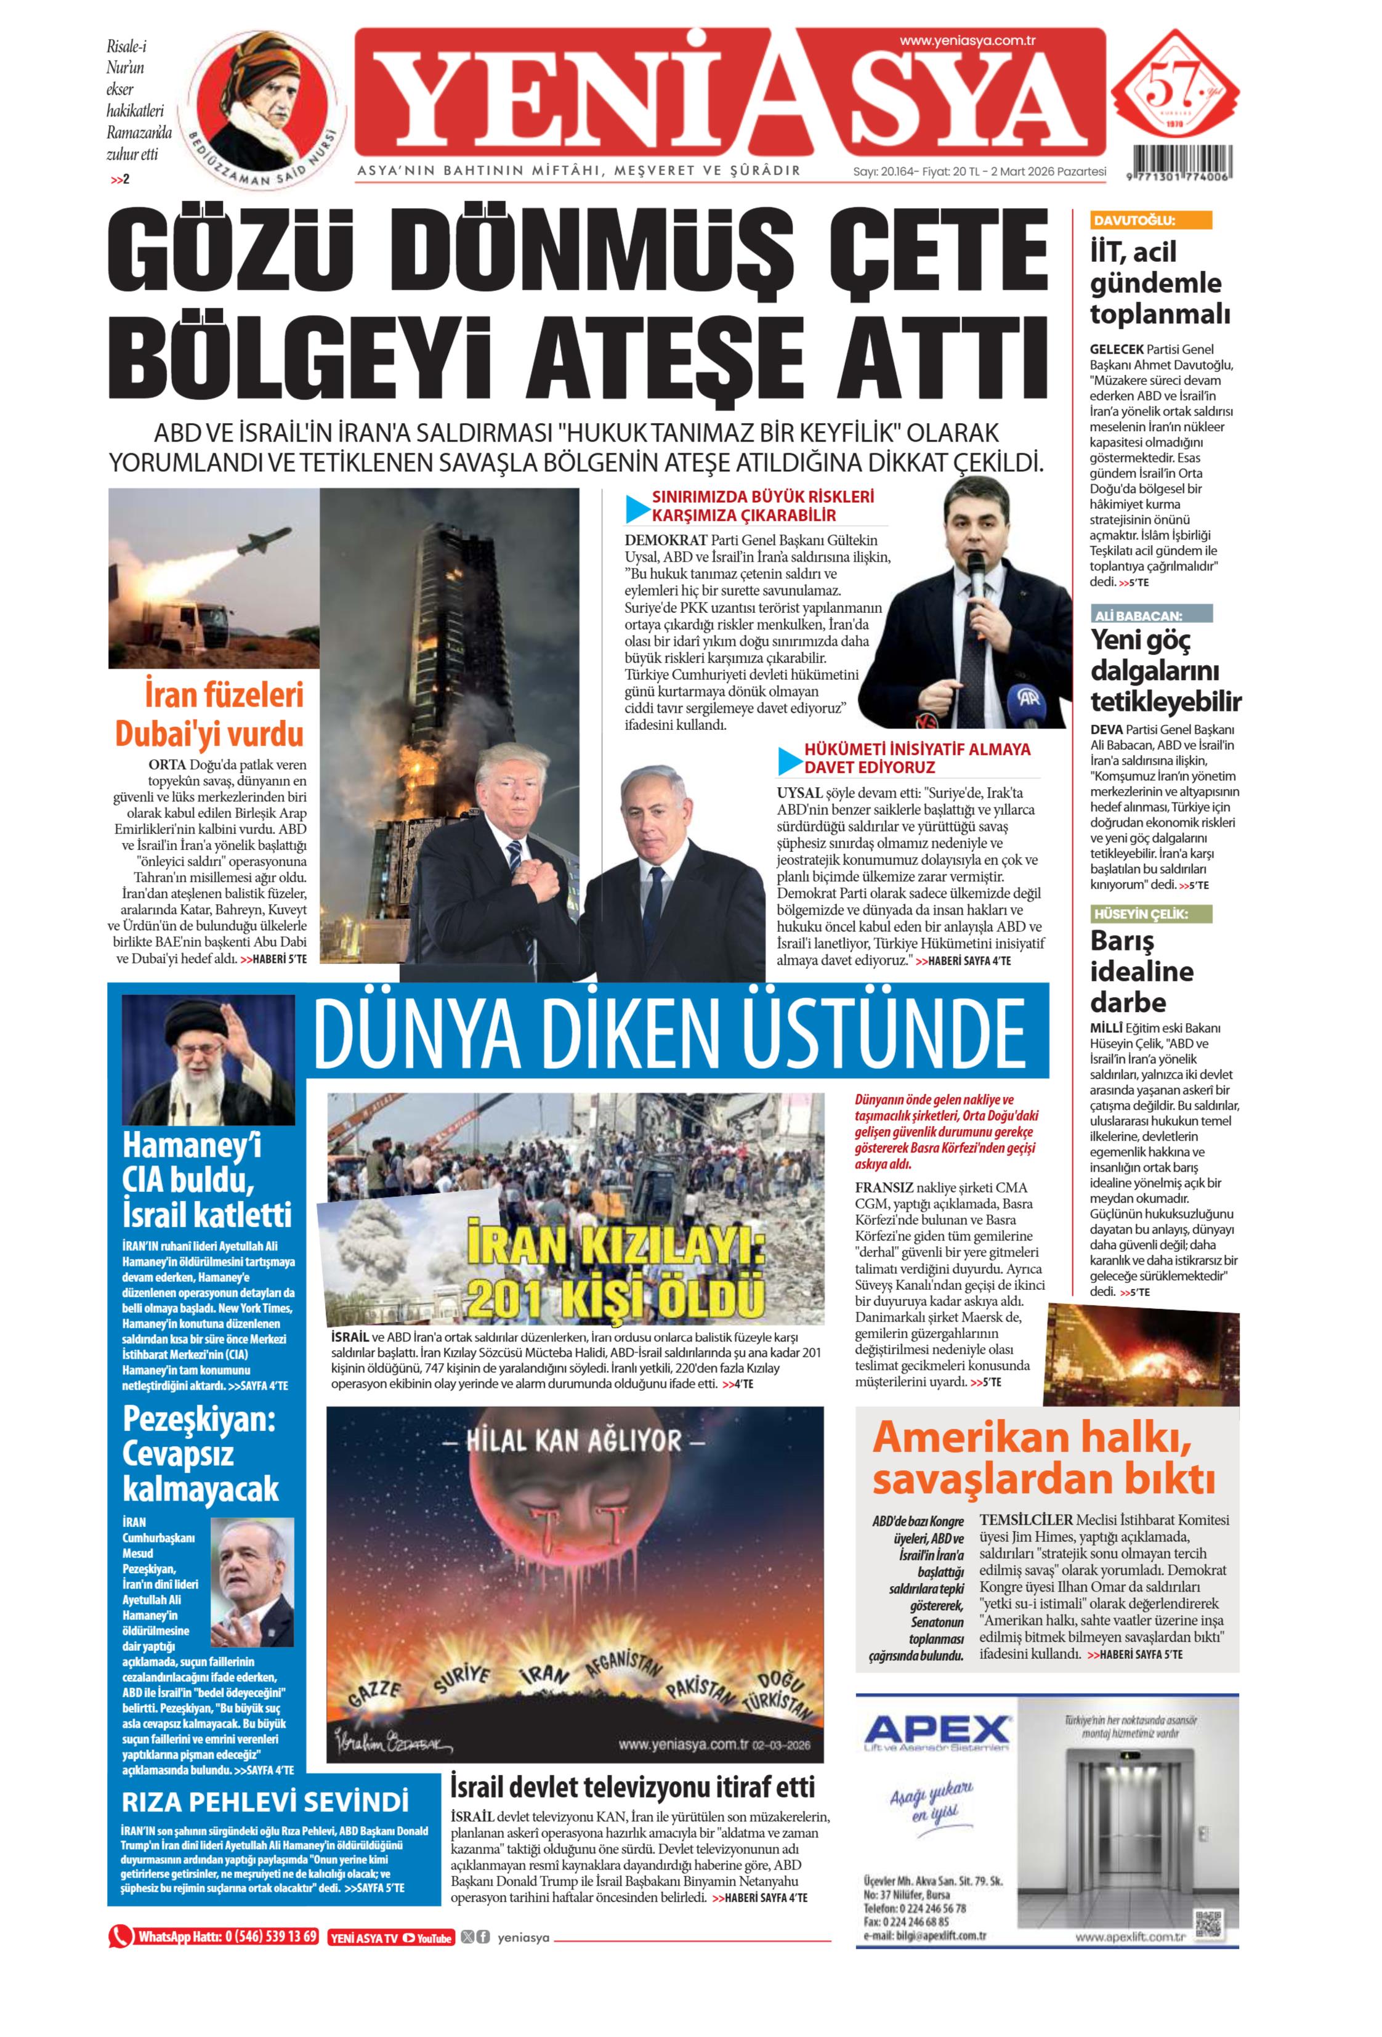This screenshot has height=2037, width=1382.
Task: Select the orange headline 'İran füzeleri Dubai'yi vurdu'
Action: [211, 713]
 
